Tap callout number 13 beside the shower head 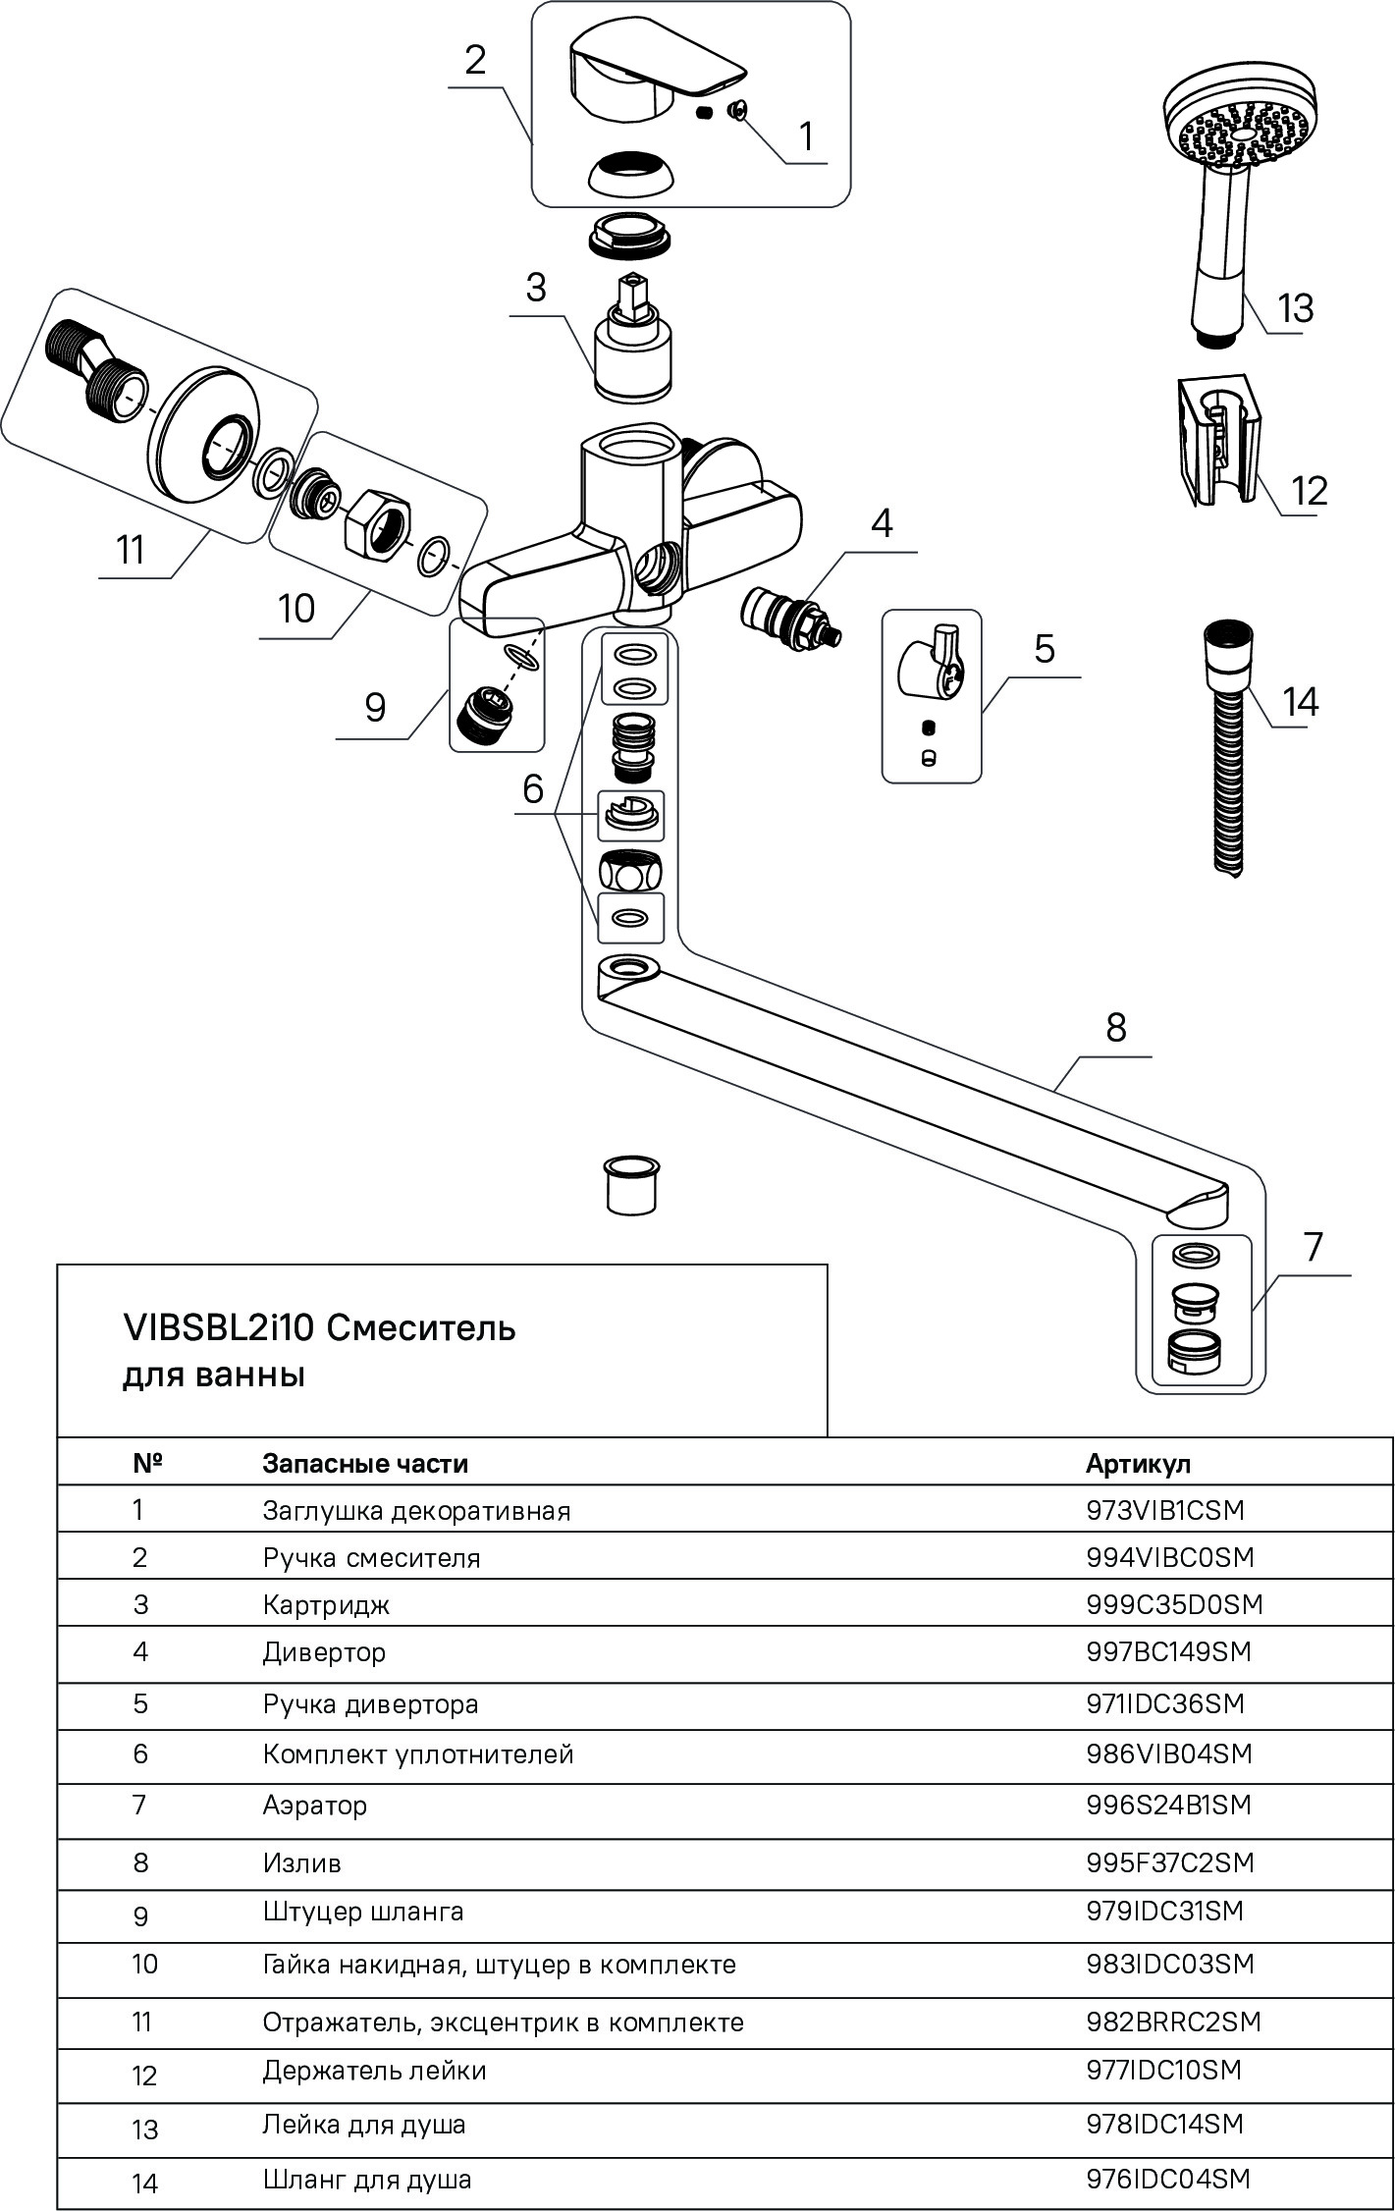(1296, 308)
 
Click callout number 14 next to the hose (1301, 702)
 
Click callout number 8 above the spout (1116, 1028)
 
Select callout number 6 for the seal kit (533, 788)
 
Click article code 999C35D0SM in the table (1174, 1604)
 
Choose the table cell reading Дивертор (324, 1652)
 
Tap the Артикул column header (1138, 1464)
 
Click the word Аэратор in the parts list (314, 1805)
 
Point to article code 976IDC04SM (1168, 2179)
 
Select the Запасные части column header (364, 1464)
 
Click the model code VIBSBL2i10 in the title (217, 1328)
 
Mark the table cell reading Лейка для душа (363, 2125)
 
